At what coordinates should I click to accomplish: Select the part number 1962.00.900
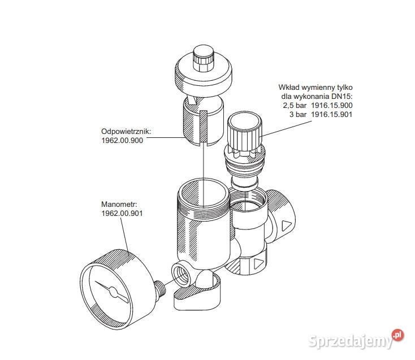pos(122,141)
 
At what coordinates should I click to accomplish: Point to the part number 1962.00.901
pos(122,213)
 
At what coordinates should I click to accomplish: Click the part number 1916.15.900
pos(332,105)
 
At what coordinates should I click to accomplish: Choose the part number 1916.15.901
pos(332,114)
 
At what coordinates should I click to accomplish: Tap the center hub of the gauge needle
pos(112,292)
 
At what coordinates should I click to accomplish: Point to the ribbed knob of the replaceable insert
pos(244,129)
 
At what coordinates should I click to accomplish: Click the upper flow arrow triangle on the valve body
pos(287,225)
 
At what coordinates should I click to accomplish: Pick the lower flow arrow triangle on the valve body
pos(258,264)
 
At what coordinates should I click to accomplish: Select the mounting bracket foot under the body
pos(197,296)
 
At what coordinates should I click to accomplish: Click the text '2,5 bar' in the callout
pos(295,106)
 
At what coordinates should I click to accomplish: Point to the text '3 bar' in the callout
pos(298,114)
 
